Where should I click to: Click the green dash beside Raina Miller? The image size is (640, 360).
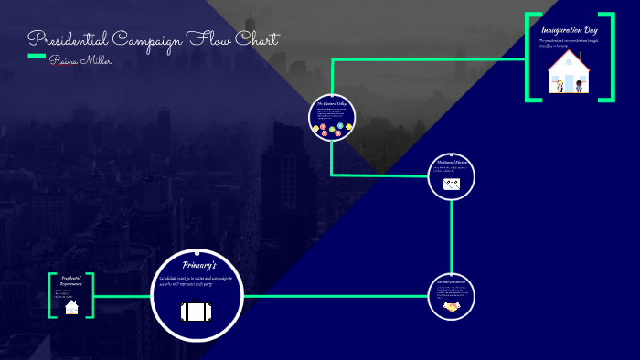click(37, 57)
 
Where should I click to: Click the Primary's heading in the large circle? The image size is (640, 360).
click(199, 265)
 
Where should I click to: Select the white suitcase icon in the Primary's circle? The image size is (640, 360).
click(197, 312)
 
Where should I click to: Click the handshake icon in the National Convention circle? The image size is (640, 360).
click(452, 308)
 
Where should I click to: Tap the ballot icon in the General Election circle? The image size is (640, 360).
click(452, 184)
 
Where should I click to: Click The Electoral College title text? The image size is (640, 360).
click(332, 104)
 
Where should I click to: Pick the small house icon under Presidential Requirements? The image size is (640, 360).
click(72, 307)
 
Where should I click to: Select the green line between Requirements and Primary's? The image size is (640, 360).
click(122, 296)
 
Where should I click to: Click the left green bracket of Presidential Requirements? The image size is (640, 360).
click(51, 295)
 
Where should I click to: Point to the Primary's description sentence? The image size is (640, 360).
click(197, 281)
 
